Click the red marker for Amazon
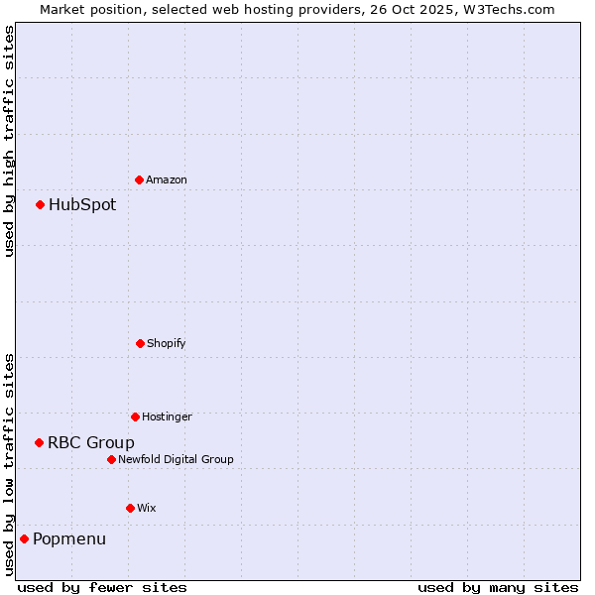(x=139, y=179)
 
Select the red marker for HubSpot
(x=40, y=205)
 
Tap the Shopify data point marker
(x=140, y=343)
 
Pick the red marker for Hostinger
(x=135, y=416)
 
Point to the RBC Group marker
(x=39, y=442)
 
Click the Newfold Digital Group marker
(x=111, y=459)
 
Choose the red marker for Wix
(x=130, y=508)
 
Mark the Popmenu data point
(x=24, y=538)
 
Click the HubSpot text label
(x=82, y=205)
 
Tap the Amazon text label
(x=167, y=179)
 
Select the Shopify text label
(x=167, y=343)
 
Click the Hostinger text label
(x=167, y=416)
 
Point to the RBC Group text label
(x=91, y=443)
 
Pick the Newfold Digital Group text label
(x=176, y=459)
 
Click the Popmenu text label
(x=69, y=539)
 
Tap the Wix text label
(x=147, y=508)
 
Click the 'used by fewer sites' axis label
(x=102, y=587)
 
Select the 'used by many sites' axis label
(x=498, y=587)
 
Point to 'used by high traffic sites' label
(x=9, y=142)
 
